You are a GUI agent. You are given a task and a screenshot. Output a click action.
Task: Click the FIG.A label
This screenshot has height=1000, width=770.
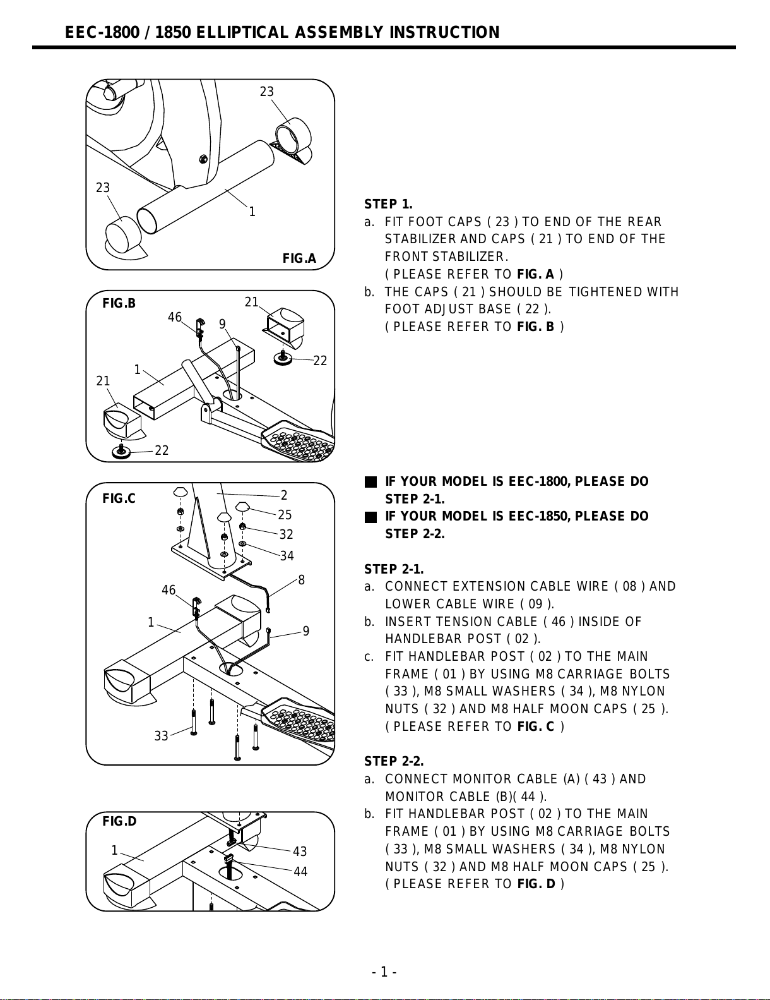click(x=299, y=258)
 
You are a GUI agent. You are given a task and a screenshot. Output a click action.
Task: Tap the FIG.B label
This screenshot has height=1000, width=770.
click(x=119, y=303)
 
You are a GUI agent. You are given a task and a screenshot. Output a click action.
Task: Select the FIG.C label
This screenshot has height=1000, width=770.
click(x=119, y=499)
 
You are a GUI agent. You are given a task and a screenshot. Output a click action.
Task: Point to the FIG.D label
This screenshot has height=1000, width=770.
click(x=119, y=821)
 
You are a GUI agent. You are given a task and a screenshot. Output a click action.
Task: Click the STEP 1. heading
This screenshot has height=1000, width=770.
click(x=388, y=204)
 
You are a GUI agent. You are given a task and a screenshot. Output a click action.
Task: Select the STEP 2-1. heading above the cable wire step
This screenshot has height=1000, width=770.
click(x=394, y=569)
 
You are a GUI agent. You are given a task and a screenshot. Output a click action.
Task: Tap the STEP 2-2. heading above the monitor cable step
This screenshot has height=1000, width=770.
click(x=394, y=761)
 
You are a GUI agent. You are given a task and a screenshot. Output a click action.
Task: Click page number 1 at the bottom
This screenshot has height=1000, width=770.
click(x=384, y=972)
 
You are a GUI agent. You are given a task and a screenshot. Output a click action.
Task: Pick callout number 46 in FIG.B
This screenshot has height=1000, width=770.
click(x=175, y=317)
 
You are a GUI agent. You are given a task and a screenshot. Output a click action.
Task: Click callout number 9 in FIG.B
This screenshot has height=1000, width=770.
click(x=222, y=324)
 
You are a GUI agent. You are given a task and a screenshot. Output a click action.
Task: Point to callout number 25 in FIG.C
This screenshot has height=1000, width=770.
click(x=285, y=515)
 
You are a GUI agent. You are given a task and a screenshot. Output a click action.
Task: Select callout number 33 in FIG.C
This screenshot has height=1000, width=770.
click(x=162, y=736)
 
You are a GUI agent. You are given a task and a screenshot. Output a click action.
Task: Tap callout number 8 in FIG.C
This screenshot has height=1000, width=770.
click(x=302, y=580)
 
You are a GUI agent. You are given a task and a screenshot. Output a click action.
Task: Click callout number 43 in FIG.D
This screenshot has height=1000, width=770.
click(x=300, y=852)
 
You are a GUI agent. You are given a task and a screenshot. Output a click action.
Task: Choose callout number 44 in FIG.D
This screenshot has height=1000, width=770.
click(x=300, y=872)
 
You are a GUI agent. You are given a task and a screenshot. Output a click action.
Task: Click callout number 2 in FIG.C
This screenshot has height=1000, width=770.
click(x=284, y=495)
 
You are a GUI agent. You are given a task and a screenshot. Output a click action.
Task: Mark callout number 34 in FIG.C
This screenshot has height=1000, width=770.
click(x=287, y=556)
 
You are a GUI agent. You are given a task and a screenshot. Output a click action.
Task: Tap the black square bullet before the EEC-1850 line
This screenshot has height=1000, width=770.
click(x=370, y=517)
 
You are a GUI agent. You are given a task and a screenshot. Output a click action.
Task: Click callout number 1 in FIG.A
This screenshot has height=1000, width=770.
click(x=252, y=212)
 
